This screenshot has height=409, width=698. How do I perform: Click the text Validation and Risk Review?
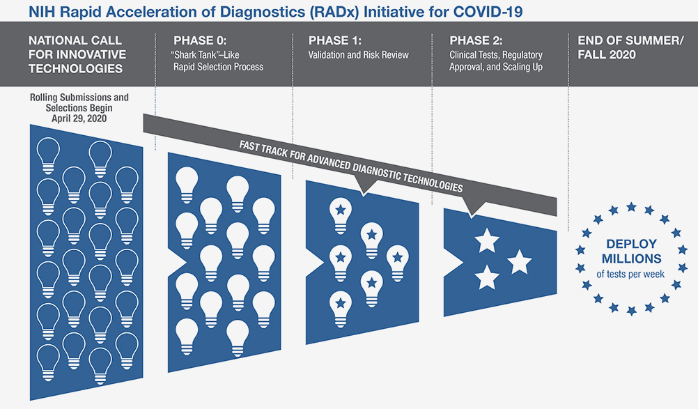pyautogui.click(x=359, y=54)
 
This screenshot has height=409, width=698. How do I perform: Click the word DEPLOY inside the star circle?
pyautogui.click(x=630, y=244)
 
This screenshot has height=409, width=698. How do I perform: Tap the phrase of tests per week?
pyautogui.click(x=630, y=275)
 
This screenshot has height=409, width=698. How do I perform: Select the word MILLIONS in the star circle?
pyautogui.click(x=630, y=259)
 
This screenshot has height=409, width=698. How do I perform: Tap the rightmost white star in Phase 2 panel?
pyautogui.click(x=519, y=263)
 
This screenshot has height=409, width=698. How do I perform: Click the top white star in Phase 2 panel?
pyautogui.click(x=486, y=242)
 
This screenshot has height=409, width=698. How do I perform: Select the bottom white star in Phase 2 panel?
pyautogui.click(x=486, y=277)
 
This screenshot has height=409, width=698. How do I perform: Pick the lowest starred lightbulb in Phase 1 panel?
pyautogui.click(x=340, y=304)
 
